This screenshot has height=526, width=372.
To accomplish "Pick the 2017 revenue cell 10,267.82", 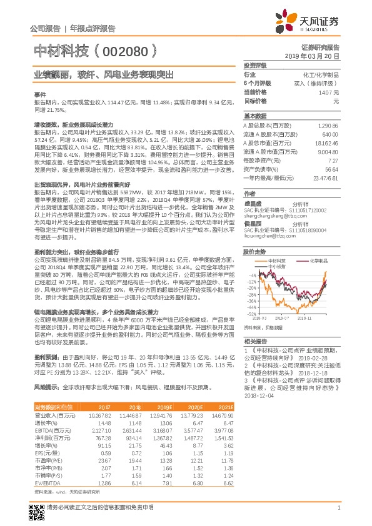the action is [99, 415].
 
